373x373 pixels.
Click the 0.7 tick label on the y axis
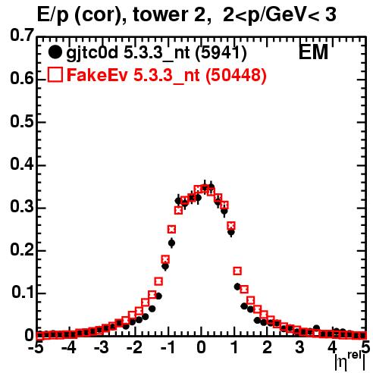tap(22, 36)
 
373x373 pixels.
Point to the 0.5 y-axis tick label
tap(22, 121)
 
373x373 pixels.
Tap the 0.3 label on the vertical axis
tap(22, 207)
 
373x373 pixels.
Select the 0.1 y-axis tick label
tap(23, 293)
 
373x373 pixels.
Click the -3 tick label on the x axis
tap(102, 347)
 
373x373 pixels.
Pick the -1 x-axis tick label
tap(168, 347)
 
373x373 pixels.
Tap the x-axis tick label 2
tap(267, 347)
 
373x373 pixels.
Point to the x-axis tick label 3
tap(299, 347)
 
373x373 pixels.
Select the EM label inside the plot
tap(313, 52)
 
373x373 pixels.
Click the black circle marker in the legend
tap(55, 52)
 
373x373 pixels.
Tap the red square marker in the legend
tap(55, 75)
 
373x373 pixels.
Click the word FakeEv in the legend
tap(97, 75)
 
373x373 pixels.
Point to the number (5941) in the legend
tap(221, 53)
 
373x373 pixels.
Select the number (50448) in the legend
tap(236, 75)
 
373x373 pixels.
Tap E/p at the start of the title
tap(53, 16)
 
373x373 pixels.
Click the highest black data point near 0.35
tap(212, 187)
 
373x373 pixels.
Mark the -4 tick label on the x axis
tap(69, 347)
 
